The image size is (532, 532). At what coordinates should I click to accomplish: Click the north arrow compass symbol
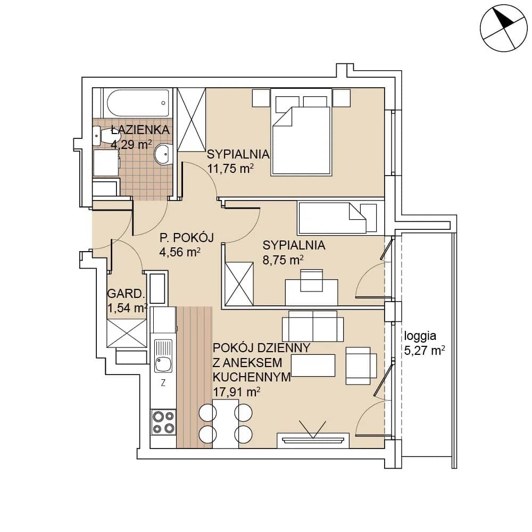click(503, 28)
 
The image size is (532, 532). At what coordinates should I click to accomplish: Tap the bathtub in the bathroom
click(138, 103)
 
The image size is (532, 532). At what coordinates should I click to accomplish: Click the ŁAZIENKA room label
click(140, 130)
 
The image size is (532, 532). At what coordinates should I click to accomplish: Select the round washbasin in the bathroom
click(164, 154)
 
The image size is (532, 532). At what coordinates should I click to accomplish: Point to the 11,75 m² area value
click(230, 168)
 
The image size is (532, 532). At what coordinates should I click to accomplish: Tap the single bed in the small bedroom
click(337, 218)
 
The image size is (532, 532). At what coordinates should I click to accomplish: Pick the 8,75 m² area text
click(283, 260)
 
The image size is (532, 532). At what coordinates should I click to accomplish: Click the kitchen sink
click(163, 356)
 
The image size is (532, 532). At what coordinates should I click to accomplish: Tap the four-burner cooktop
click(163, 422)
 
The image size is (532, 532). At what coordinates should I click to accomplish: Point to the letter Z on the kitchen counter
click(163, 383)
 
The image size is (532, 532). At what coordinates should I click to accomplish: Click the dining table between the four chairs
click(226, 423)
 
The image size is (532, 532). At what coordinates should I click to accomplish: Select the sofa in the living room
click(313, 326)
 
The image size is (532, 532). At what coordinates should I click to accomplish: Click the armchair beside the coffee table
click(361, 365)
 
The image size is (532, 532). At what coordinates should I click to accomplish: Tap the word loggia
click(420, 336)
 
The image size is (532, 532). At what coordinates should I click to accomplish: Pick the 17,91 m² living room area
click(237, 392)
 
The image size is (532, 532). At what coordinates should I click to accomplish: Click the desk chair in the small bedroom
click(312, 280)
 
